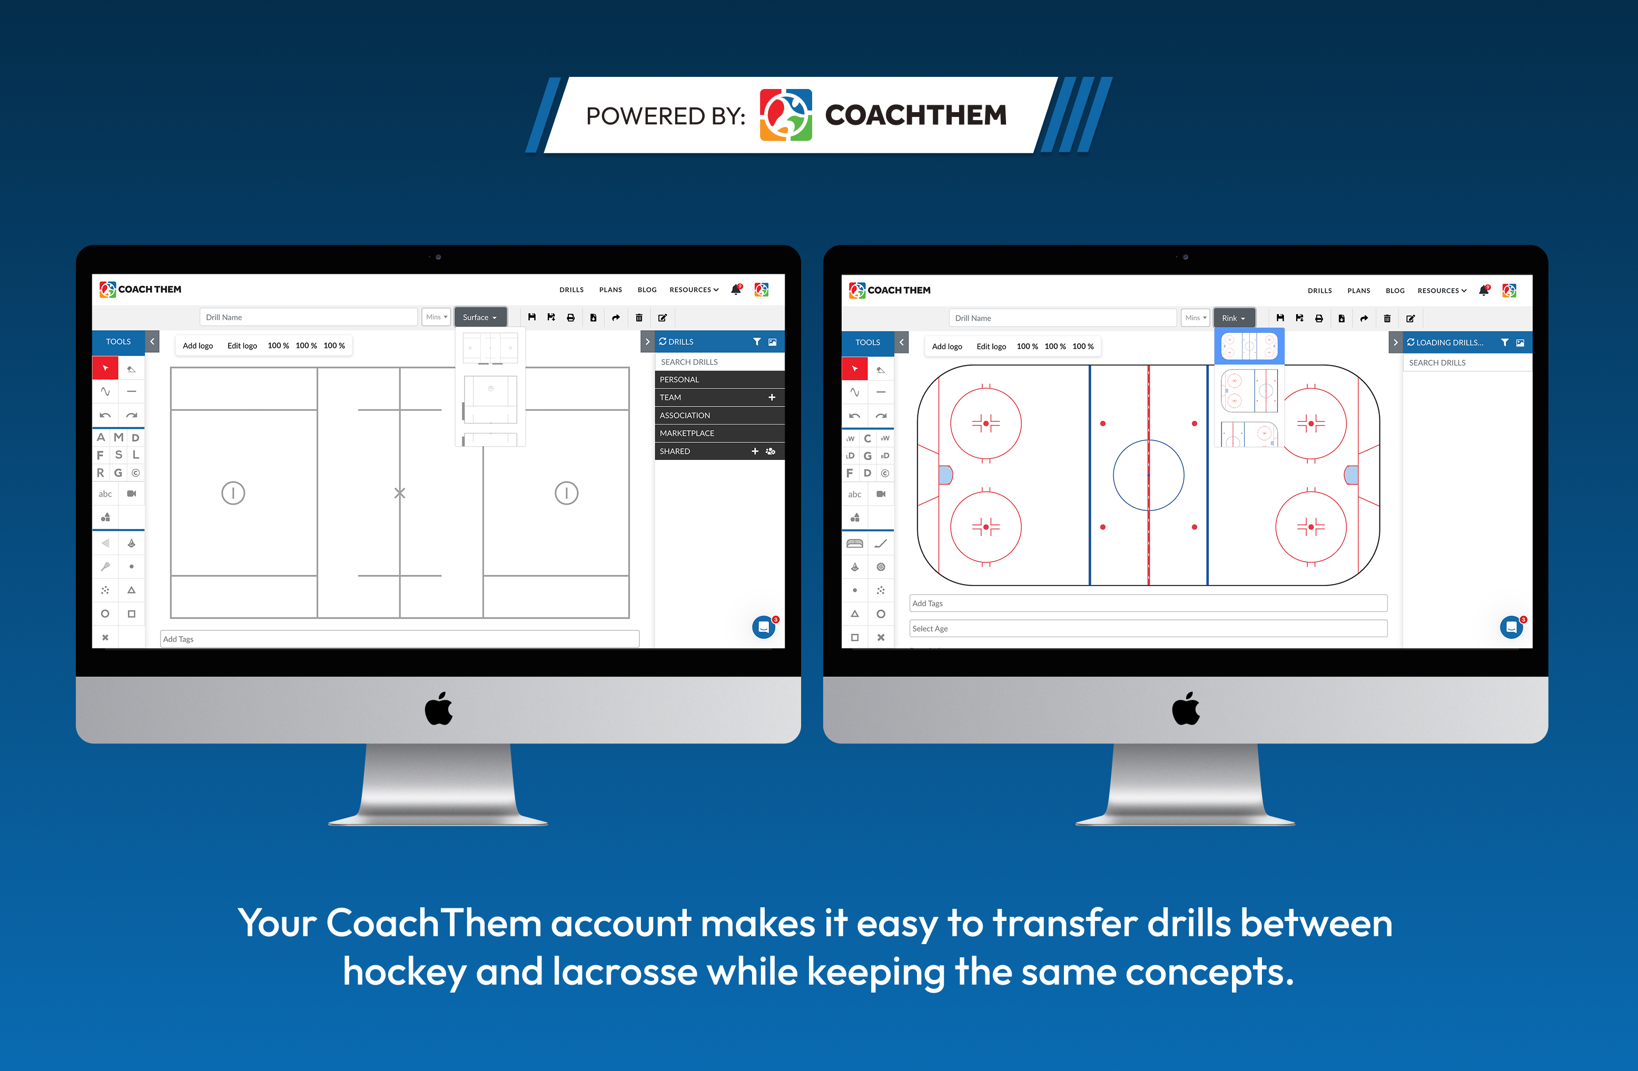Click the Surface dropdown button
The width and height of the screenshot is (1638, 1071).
480,317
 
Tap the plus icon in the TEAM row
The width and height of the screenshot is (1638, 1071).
772,398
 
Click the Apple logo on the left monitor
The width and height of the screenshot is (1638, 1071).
438,709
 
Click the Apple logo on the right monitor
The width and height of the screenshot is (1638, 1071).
1186,709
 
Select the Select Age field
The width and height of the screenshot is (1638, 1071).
1148,629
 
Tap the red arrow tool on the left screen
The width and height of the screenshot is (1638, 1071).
105,368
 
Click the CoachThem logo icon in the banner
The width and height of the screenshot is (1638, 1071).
786,115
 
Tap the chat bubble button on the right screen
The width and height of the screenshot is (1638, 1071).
1512,627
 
